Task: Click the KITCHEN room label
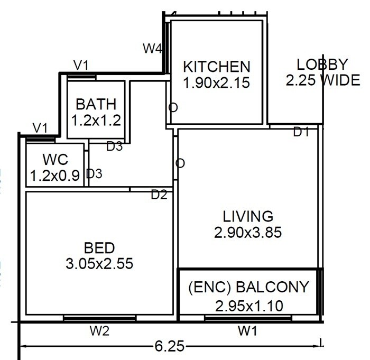pyautogui.click(x=216, y=67)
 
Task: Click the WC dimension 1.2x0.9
pyautogui.click(x=55, y=175)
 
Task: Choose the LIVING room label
pyautogui.click(x=248, y=216)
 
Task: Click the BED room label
pyautogui.click(x=99, y=247)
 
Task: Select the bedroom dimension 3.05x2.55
pyautogui.click(x=99, y=263)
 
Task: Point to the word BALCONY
pyautogui.click(x=273, y=288)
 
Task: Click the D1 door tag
pyautogui.click(x=301, y=133)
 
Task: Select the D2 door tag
pyautogui.click(x=159, y=195)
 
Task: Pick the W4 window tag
pyautogui.click(x=153, y=48)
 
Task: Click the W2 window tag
pyautogui.click(x=99, y=331)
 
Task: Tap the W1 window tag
pyautogui.click(x=248, y=331)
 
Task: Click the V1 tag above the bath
pyautogui.click(x=81, y=65)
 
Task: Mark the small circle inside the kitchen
pyautogui.click(x=173, y=107)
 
